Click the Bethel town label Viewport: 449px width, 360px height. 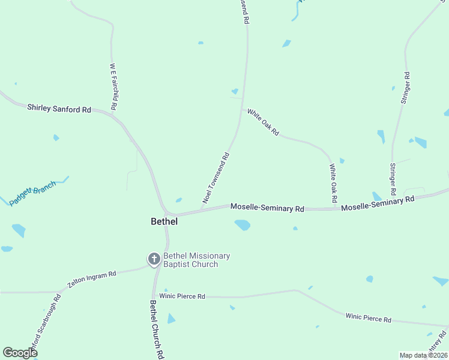[x=164, y=221]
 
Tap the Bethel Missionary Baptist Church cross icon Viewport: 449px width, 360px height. [x=154, y=259]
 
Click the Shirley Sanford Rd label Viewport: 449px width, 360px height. [x=59, y=109]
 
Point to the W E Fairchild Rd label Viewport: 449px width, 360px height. [x=112, y=86]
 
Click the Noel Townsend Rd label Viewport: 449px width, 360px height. [x=216, y=178]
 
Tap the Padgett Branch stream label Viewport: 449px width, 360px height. [x=33, y=193]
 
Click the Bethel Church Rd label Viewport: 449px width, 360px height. [x=157, y=329]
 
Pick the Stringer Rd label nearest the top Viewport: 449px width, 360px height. [x=406, y=88]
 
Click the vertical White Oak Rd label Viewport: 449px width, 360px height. [x=333, y=182]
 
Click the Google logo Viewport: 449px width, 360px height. [x=20, y=352]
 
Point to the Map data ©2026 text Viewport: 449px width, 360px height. [x=423, y=355]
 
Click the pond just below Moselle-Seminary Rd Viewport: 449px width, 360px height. [x=243, y=225]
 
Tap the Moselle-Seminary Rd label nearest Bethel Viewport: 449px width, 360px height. [x=268, y=208]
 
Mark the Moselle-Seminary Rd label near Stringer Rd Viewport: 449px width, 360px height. [x=378, y=203]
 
